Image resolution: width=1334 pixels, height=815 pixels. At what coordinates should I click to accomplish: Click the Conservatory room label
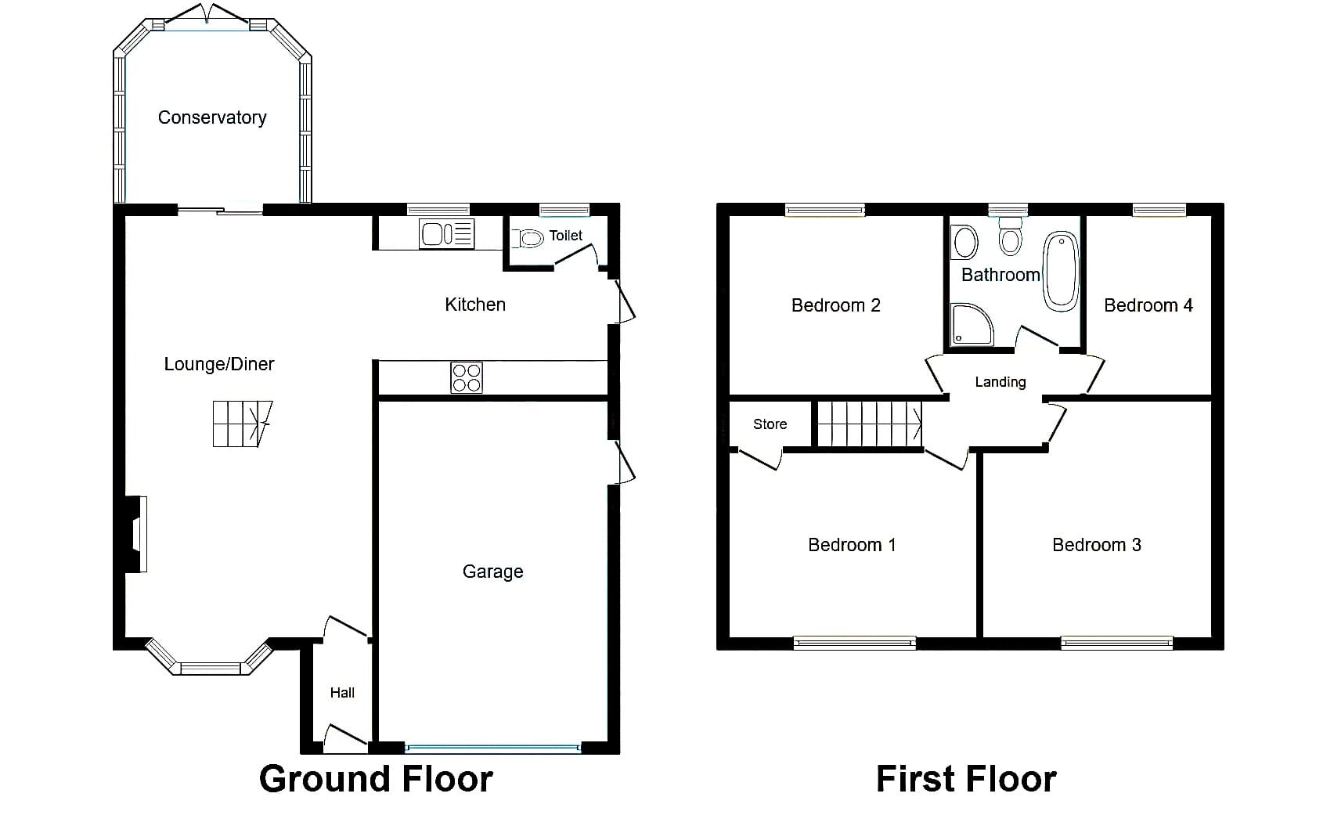click(212, 118)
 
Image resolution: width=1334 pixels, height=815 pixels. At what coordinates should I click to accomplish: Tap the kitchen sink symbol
click(447, 233)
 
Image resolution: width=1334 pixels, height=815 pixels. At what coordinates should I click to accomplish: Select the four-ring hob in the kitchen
click(467, 377)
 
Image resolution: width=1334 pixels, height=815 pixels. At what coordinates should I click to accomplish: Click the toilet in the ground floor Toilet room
click(528, 239)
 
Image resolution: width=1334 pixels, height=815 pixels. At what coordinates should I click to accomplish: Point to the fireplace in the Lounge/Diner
click(136, 535)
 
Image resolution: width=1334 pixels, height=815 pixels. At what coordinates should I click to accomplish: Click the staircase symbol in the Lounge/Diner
click(243, 424)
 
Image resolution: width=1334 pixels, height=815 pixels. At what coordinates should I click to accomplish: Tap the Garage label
click(492, 572)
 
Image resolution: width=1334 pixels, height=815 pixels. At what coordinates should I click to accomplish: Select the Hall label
click(342, 692)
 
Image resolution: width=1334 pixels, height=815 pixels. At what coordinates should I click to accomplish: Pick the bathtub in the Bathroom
click(1061, 271)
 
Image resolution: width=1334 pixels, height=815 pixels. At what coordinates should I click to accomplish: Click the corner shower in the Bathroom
click(972, 324)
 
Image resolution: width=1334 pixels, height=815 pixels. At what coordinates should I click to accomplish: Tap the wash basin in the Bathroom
click(964, 242)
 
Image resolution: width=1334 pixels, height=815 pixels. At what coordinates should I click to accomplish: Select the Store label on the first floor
click(770, 424)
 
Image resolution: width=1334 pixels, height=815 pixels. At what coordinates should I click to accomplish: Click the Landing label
click(1000, 382)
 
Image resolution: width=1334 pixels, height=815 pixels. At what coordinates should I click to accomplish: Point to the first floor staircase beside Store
click(870, 424)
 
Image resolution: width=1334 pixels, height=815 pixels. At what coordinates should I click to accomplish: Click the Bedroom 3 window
click(1116, 642)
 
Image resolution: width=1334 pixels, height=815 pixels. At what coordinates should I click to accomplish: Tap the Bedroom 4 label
click(1148, 305)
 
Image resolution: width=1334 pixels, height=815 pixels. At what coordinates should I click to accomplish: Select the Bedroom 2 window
click(825, 210)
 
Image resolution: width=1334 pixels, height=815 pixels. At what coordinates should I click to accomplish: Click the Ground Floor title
click(376, 779)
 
